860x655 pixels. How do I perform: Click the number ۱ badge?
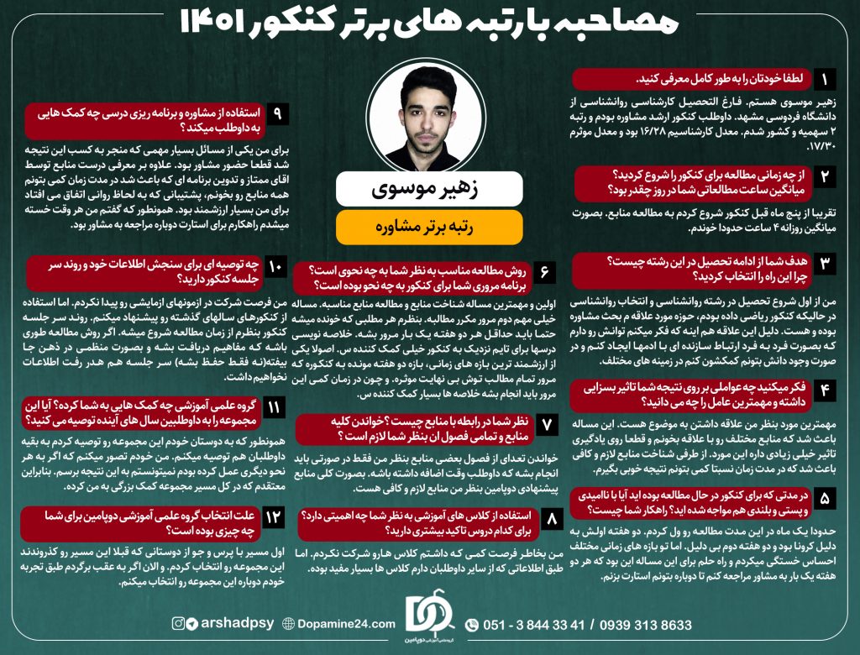(x=826, y=80)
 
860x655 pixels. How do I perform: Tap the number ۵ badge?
(x=826, y=500)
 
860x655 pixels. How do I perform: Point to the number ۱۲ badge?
(x=275, y=517)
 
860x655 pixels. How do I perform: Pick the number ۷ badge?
(x=545, y=426)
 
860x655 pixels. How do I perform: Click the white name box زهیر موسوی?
(x=429, y=189)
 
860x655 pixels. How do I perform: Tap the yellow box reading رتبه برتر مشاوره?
(x=429, y=227)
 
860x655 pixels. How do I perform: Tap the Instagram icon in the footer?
(x=178, y=623)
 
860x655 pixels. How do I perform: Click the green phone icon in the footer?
(x=472, y=625)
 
